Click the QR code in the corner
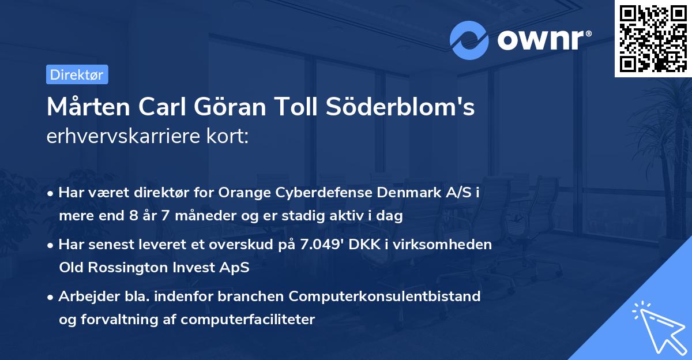[x=653, y=39]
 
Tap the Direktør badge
[x=77, y=74]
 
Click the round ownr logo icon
[x=469, y=40]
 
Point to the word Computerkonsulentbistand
[x=385, y=296]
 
